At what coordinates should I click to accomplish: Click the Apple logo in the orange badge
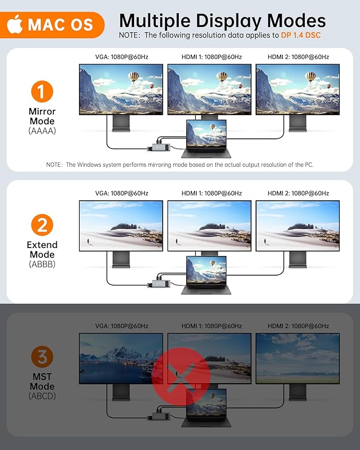coord(15,24)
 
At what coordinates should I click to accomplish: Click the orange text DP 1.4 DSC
coord(301,35)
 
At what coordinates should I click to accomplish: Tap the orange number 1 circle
coord(42,91)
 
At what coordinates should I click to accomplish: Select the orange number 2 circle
coord(42,225)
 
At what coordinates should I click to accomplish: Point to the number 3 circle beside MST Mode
coord(42,357)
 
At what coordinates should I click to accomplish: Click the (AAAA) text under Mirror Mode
coord(42,131)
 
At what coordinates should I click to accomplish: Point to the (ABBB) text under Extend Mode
coord(42,264)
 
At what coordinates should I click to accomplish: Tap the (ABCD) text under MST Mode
coord(42,396)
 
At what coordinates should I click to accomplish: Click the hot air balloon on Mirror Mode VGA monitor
coord(134,77)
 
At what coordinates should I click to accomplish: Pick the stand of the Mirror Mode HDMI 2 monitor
coord(298,123)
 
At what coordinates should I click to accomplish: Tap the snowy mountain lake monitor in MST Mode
coord(121,358)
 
